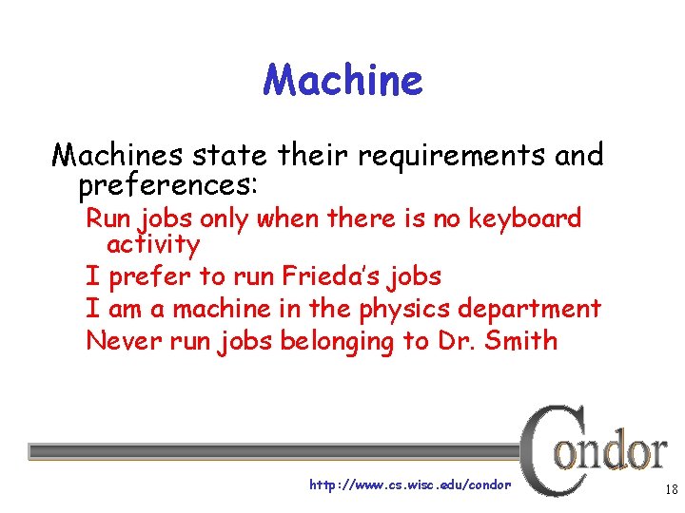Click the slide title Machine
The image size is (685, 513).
click(x=342, y=80)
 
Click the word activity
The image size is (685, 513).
click(x=153, y=244)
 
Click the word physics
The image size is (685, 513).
click(x=404, y=309)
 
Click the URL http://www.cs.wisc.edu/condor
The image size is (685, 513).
click(x=410, y=485)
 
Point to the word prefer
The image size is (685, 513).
click(x=147, y=277)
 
